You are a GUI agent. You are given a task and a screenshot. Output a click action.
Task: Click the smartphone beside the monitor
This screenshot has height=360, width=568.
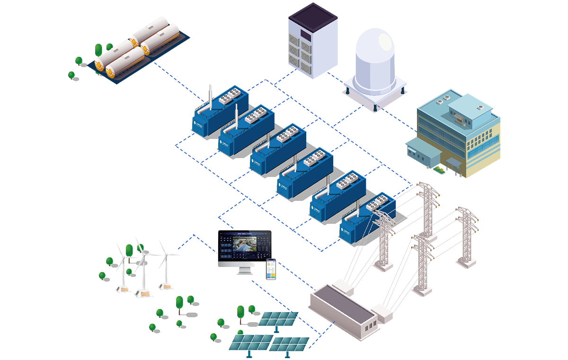click(x=271, y=269)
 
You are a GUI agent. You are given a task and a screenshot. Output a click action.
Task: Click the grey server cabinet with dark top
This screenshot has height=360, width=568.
click(x=313, y=40)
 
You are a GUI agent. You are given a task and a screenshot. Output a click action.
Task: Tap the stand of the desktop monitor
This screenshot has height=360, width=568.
click(x=244, y=271)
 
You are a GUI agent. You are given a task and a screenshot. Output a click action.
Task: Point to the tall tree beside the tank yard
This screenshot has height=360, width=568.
click(x=98, y=51)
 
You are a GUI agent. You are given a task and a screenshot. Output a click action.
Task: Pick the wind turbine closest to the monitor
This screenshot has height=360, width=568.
click(x=166, y=265)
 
